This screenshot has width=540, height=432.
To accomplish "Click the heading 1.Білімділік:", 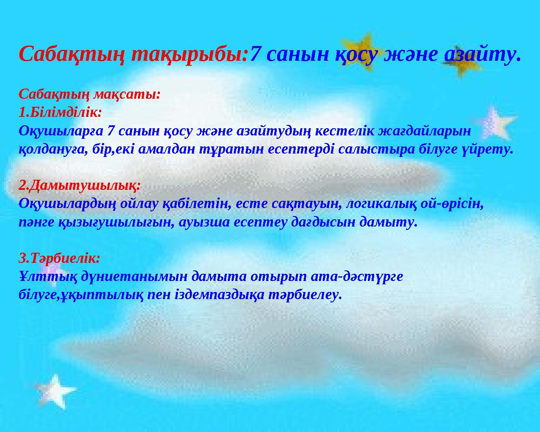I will point(60,112).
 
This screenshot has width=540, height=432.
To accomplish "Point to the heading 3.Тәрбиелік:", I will point(59,257).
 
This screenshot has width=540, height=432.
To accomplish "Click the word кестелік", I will point(346,131).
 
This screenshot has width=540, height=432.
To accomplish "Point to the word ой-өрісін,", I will point(454,204).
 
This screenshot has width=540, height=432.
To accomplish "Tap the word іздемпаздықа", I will point(219,294).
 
